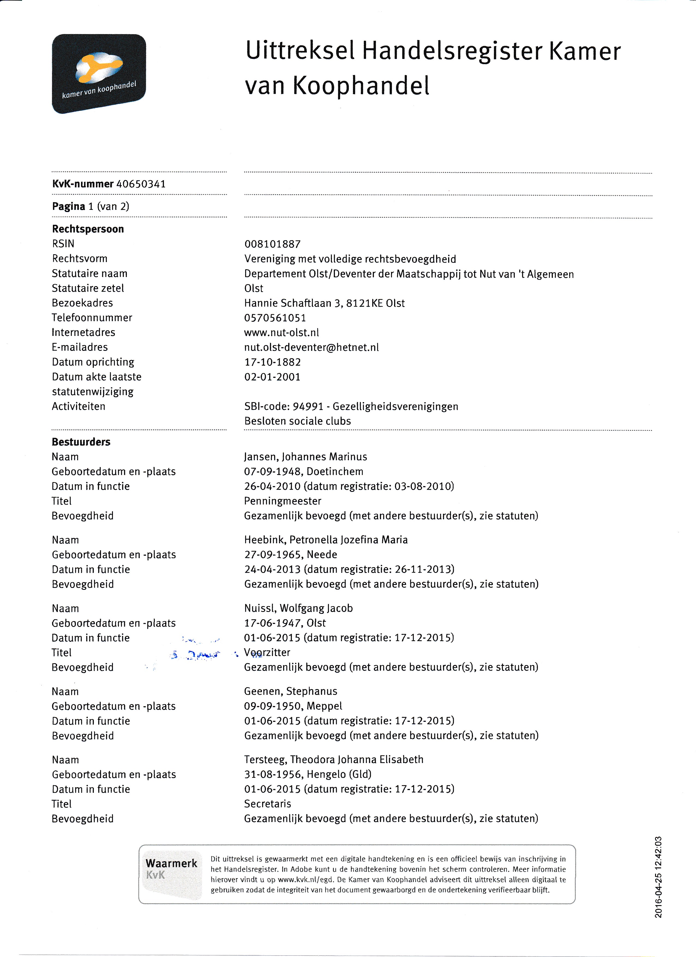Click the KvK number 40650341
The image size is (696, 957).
pos(141,184)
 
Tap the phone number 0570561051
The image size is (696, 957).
pos(275,318)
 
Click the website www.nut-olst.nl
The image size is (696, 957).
pos(281,333)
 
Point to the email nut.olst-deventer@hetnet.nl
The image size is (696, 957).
pos(311,347)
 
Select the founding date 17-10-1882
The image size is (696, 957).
pos(272,362)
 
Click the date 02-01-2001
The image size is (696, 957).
pos(272,377)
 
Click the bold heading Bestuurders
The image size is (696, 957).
pos(81,442)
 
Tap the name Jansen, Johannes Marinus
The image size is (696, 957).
pos(305,457)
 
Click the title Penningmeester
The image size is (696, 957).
pos(283,501)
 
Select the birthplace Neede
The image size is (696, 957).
pos(322,554)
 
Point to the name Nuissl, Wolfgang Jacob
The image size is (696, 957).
pos(298,608)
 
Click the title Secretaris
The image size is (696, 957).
pos(268,804)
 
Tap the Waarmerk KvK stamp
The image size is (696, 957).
pos(171,874)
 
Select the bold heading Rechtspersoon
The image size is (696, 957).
pos(88,229)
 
